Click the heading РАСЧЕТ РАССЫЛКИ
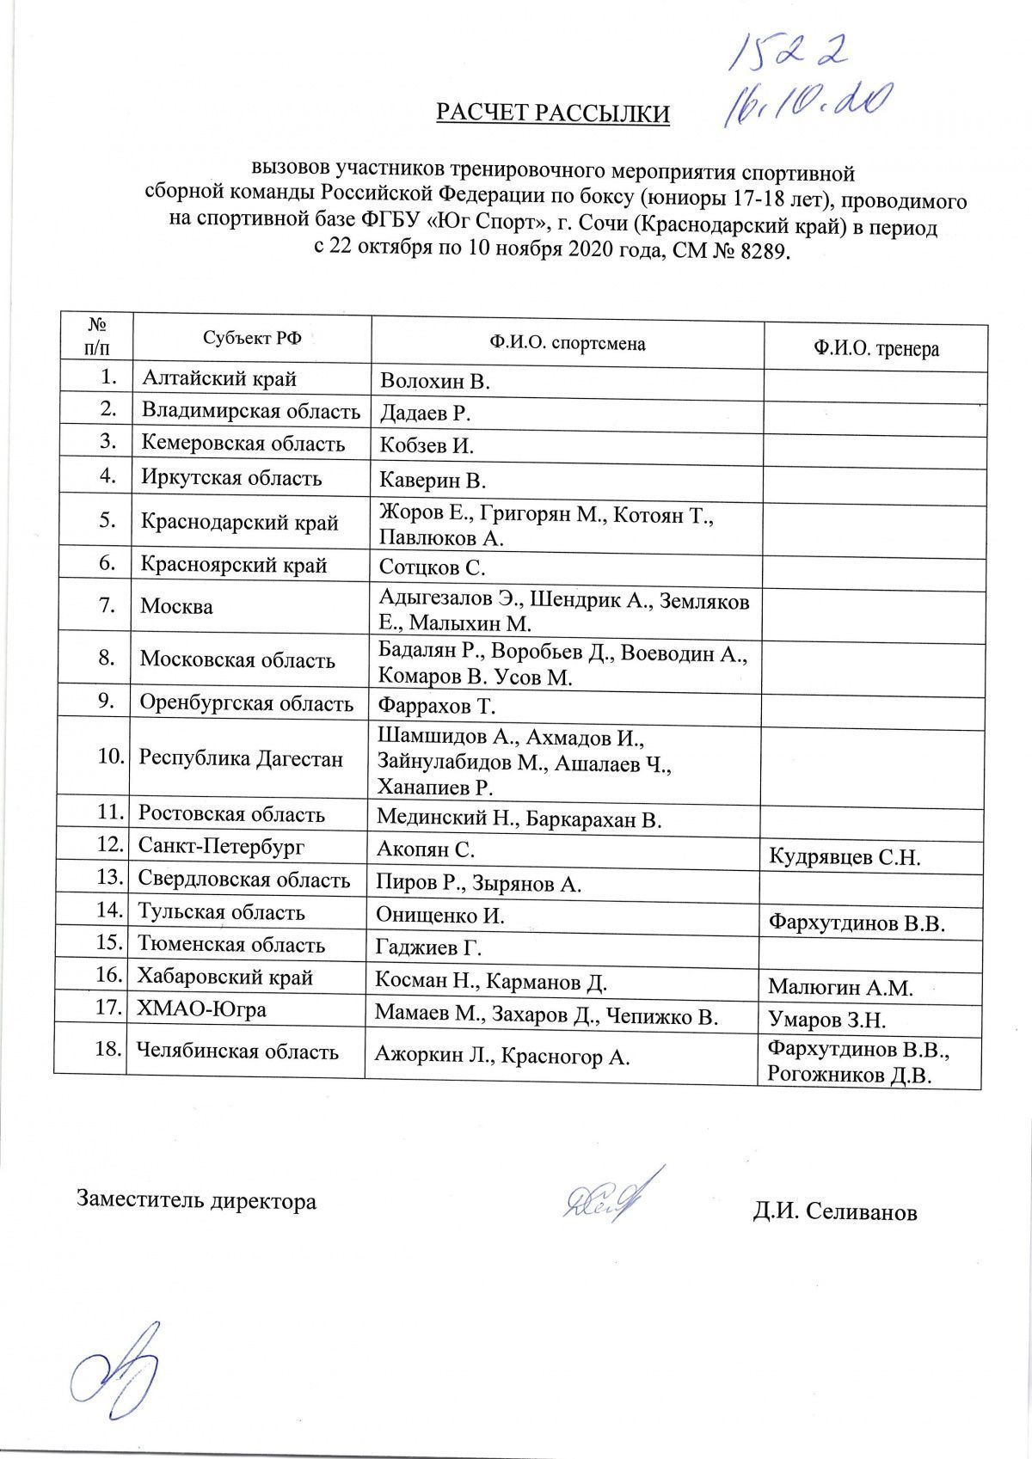click(552, 113)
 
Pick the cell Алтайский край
click(218, 378)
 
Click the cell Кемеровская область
click(243, 444)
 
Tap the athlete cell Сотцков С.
click(433, 567)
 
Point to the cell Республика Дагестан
click(241, 759)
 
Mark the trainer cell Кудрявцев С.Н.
click(845, 857)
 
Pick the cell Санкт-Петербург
click(222, 847)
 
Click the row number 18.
click(107, 1050)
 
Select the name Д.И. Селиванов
click(834, 1211)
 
